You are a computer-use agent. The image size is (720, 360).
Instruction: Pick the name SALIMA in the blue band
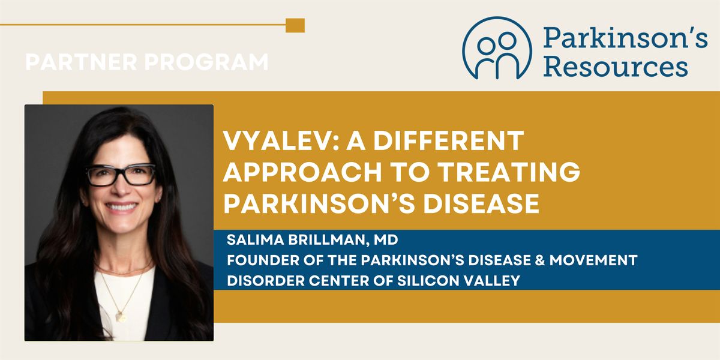click(x=251, y=241)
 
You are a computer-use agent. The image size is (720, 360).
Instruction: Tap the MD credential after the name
click(x=386, y=241)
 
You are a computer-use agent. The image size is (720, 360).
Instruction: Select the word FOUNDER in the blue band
click(x=255, y=260)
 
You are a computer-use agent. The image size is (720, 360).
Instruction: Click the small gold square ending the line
click(x=295, y=25)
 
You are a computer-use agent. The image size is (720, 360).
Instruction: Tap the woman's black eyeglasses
click(x=121, y=175)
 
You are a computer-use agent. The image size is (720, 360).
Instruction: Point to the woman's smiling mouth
click(x=121, y=206)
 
